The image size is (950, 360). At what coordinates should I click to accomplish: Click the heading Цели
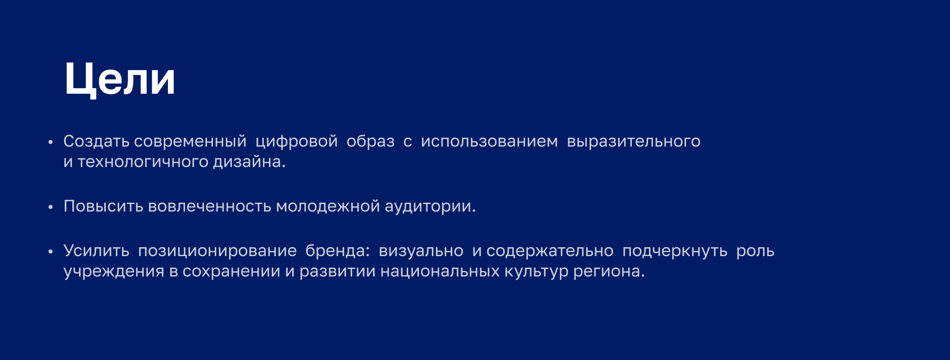120,79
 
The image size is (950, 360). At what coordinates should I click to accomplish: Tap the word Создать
96,141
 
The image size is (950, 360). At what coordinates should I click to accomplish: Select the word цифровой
296,141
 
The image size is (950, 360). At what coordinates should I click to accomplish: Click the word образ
370,141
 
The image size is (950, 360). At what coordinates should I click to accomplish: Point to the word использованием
489,141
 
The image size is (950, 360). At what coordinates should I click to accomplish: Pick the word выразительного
633,141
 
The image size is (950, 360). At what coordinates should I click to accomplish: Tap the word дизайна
249,161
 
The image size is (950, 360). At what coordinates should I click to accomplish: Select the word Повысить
103,206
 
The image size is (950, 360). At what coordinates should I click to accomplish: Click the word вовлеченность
209,206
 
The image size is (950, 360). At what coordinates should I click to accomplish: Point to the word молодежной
327,206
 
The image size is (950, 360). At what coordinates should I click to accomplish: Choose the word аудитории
430,206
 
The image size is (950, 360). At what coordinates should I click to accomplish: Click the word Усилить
96,251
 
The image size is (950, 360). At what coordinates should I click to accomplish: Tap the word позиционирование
217,251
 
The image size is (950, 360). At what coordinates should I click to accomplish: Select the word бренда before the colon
335,251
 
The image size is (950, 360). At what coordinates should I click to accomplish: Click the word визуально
421,251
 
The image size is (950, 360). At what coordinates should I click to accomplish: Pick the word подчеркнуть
674,251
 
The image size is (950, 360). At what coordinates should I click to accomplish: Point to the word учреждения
114,271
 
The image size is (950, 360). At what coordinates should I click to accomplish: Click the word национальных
440,271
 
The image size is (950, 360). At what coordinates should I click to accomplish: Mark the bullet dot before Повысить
51,207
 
